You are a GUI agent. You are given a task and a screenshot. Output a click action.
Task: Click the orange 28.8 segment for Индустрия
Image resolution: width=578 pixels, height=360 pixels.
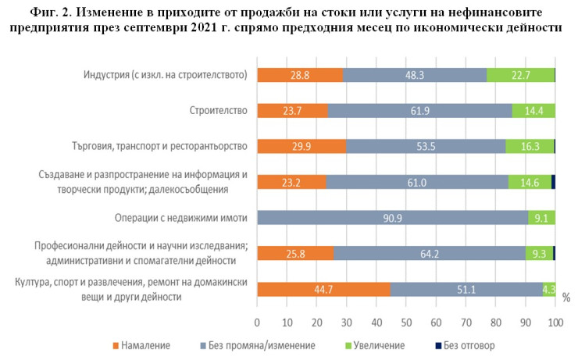[300, 75]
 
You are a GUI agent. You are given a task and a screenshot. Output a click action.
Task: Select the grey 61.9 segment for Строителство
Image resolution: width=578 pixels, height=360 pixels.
[419, 110]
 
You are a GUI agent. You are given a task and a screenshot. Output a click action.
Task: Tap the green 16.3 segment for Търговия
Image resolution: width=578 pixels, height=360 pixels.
[530, 146]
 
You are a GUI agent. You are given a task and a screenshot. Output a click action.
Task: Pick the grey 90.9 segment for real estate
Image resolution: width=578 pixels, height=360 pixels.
[393, 217]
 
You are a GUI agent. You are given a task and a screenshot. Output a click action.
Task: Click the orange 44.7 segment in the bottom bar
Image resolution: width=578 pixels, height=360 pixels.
[323, 289]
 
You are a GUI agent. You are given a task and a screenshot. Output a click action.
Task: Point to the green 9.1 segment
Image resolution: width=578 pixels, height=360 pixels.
[541, 217]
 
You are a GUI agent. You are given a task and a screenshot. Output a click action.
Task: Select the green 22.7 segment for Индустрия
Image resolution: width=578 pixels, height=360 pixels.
[520, 75]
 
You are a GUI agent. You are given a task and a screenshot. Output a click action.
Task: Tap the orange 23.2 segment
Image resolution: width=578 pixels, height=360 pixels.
[291, 182]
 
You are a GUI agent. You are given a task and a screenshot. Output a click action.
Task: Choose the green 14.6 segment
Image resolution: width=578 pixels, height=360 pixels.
[530, 182]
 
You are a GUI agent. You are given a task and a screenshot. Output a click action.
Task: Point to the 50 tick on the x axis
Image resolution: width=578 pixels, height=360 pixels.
[406, 322]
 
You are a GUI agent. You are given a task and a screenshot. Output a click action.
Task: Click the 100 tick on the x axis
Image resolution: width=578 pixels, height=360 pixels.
[555, 322]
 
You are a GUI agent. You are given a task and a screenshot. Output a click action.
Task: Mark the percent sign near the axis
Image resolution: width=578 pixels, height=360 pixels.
[566, 298]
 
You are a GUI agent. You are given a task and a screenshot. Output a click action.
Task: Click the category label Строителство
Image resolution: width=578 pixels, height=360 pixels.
[219, 111]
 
